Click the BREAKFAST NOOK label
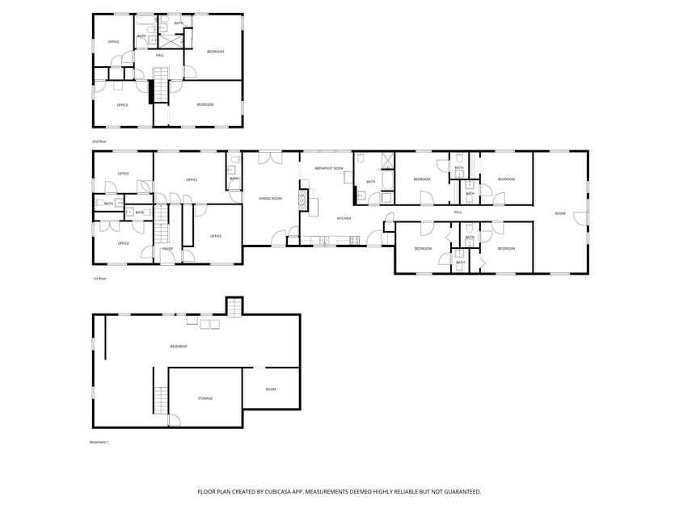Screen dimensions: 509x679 pyautogui.click(x=329, y=168)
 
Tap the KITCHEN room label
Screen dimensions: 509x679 pyautogui.click(x=344, y=218)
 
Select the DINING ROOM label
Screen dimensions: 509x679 pyautogui.click(x=270, y=198)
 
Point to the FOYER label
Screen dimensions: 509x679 pyautogui.click(x=167, y=249)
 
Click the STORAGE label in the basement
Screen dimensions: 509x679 pyautogui.click(x=205, y=398)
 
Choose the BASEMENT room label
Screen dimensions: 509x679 pyautogui.click(x=179, y=347)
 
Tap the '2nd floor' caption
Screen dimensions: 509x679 pyautogui.click(x=99, y=141)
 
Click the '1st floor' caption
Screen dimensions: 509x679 pyautogui.click(x=99, y=278)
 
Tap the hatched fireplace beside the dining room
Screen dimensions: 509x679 pyautogui.click(x=304, y=200)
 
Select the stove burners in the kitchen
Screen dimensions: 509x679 pyautogui.click(x=354, y=239)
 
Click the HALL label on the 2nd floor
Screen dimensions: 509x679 pyautogui.click(x=160, y=55)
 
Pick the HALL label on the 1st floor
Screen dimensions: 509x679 pyautogui.click(x=458, y=212)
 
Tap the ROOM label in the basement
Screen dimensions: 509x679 pyautogui.click(x=271, y=389)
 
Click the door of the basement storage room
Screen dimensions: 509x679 pyautogui.click(x=172, y=420)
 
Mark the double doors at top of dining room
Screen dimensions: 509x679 pyautogui.click(x=270, y=158)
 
